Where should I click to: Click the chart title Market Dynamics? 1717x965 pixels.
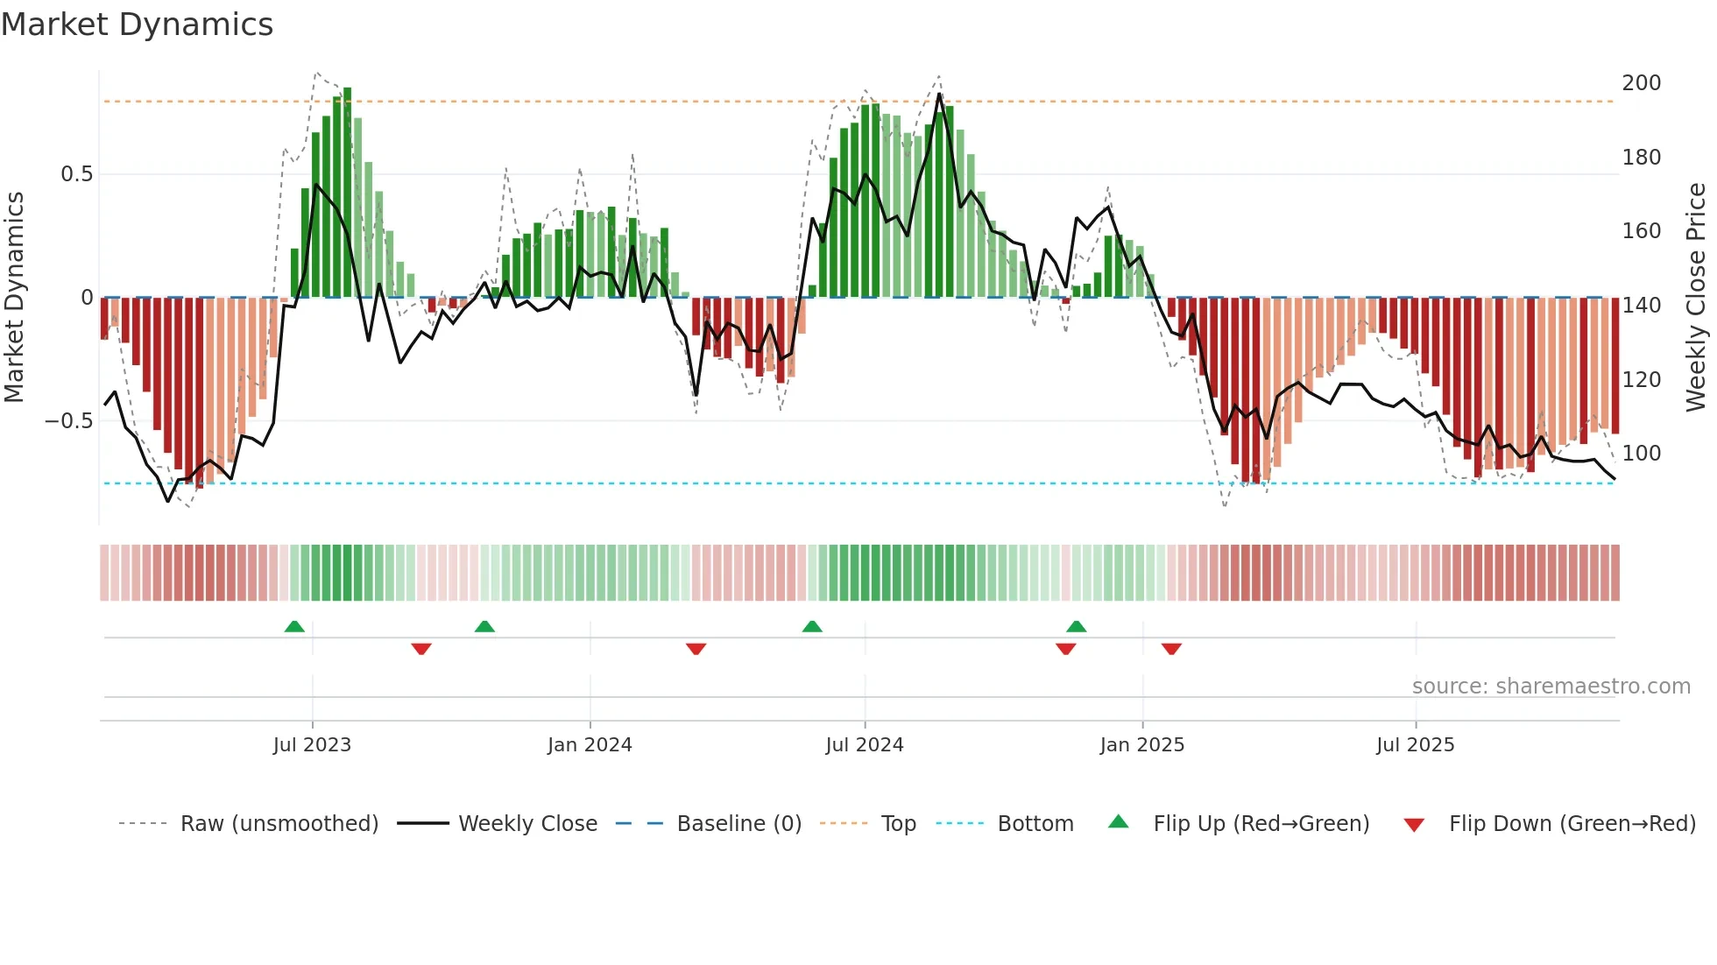pos(138,25)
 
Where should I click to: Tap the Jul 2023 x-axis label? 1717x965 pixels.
pos(312,745)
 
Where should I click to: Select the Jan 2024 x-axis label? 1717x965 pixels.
pos(590,745)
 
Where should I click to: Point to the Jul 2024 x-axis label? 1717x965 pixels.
pos(865,745)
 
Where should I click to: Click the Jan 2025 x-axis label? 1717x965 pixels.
pos(1142,745)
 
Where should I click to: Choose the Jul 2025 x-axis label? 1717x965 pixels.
pos(1416,745)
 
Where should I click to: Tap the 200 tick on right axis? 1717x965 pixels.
pos(1642,83)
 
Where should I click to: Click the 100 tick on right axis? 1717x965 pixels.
pos(1642,454)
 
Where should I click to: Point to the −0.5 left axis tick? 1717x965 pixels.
pos(68,421)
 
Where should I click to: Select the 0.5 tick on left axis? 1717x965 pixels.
pos(76,174)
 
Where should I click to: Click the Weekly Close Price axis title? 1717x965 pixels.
pos(1697,298)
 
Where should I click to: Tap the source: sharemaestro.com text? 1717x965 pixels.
pos(1551,687)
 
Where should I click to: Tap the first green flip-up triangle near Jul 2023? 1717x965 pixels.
pos(294,627)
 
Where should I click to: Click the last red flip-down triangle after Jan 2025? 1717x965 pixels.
pos(1171,649)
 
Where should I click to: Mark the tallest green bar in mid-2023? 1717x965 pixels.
pos(348,193)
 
